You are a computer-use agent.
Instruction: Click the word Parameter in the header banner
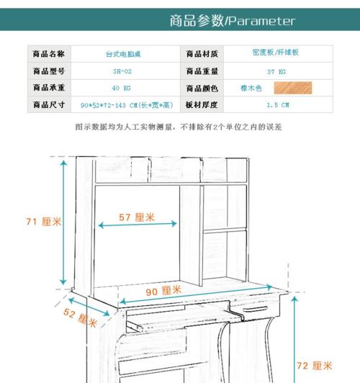pos(262,21)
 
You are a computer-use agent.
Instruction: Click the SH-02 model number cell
pos(122,71)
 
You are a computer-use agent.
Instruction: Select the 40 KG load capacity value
pos(122,88)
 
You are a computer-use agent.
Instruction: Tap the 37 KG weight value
pos(276,72)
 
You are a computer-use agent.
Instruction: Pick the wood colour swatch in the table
pos(293,88)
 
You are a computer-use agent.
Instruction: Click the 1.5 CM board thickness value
pos(278,105)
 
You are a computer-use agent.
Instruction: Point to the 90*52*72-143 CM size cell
pos(127,105)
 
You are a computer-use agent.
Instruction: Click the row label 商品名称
pos(49,54)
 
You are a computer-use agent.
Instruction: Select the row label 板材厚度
pos(202,105)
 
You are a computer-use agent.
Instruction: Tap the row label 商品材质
pos(202,54)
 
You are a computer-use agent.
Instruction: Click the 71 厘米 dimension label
pos(43,222)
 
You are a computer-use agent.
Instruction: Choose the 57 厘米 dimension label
pos(137,217)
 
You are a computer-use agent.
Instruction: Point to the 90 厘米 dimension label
pos(163,291)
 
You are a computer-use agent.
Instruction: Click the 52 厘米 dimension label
pos(81,317)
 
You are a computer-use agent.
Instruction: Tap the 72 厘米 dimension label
pos(315,366)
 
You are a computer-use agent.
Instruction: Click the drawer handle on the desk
pos(255,309)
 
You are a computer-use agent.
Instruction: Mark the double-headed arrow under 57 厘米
pos(138,224)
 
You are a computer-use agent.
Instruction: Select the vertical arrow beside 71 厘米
pos(63,222)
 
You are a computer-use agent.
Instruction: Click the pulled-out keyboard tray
pos(185,317)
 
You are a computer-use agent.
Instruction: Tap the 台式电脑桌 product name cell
pos(123,54)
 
